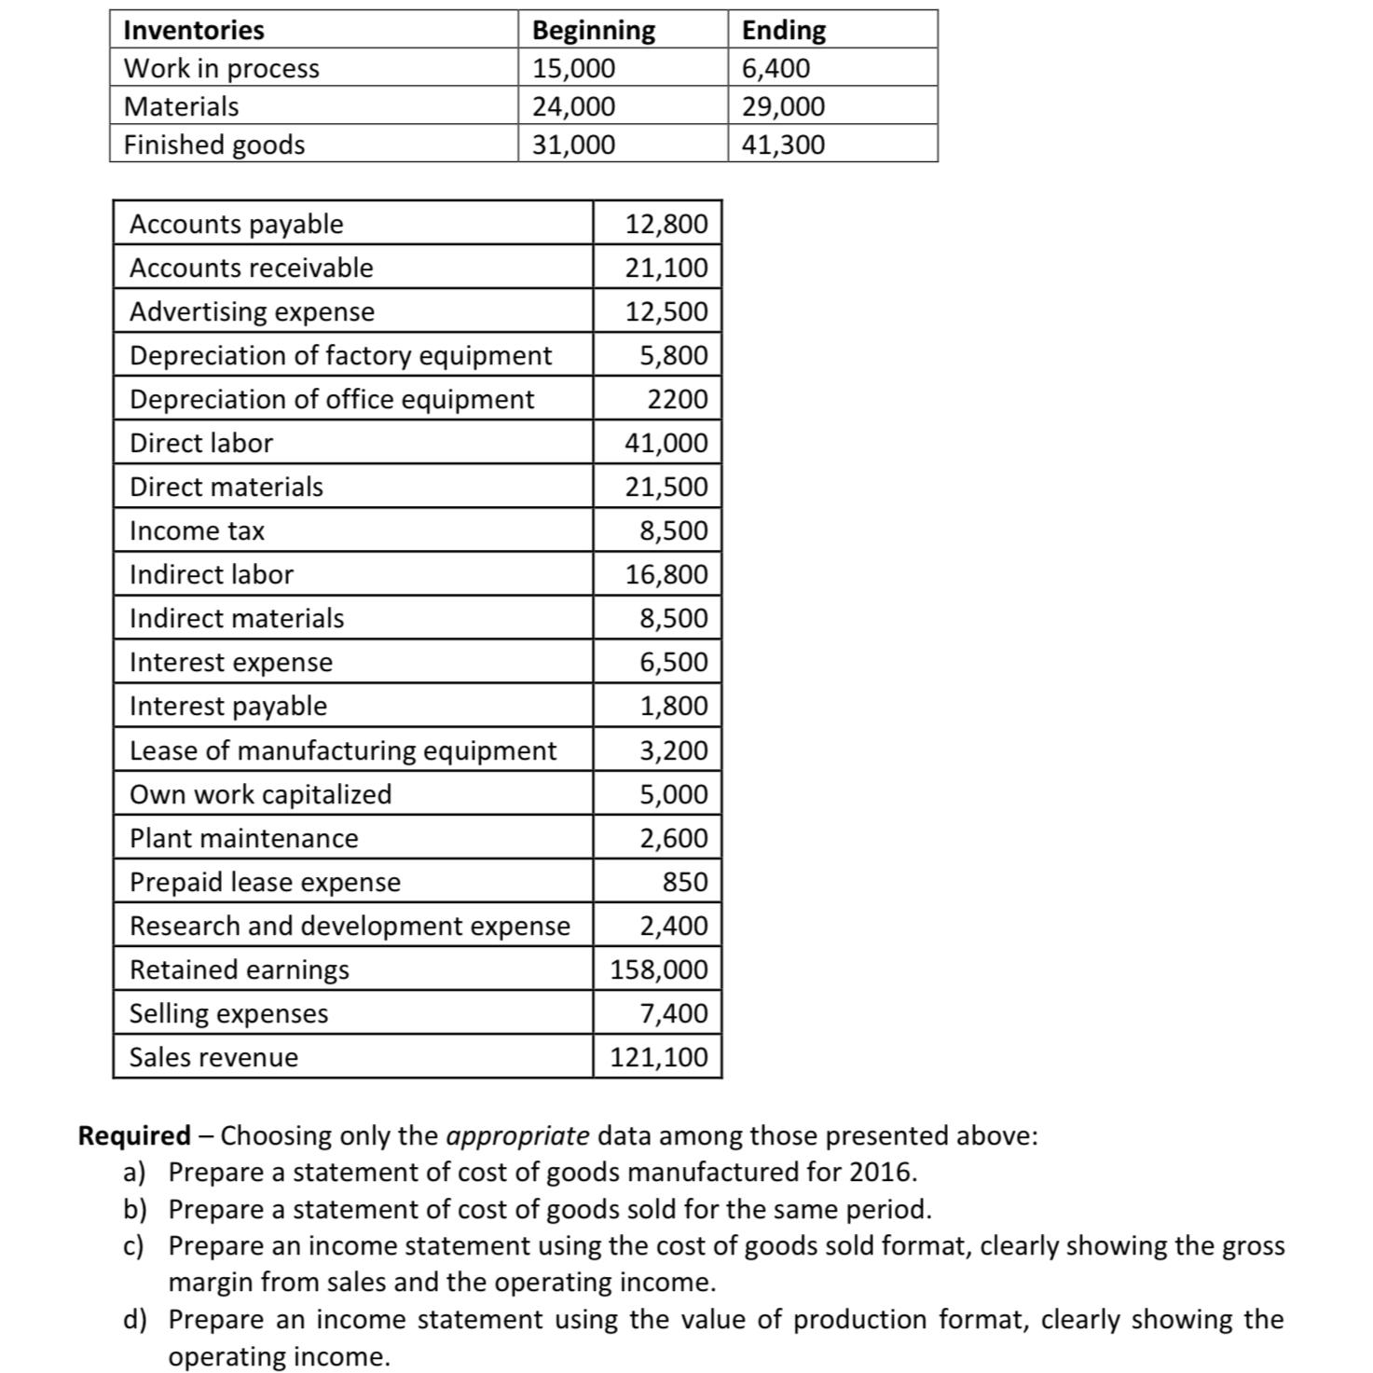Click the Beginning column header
click(x=593, y=30)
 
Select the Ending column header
click(x=783, y=30)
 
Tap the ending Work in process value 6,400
click(x=776, y=68)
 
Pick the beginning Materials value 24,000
click(x=573, y=106)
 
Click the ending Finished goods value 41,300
click(x=783, y=144)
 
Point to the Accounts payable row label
click(x=236, y=224)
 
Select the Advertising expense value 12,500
click(x=666, y=311)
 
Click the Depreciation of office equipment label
click(x=332, y=399)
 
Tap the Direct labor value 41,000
click(x=666, y=443)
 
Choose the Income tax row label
click(x=197, y=530)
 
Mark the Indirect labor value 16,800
click(x=666, y=574)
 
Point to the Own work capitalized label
click(x=260, y=794)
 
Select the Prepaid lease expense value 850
click(x=685, y=882)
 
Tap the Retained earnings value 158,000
click(x=659, y=969)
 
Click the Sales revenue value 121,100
click(x=659, y=1057)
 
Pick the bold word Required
click(x=133, y=1135)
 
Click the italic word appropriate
click(x=517, y=1135)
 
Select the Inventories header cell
click(x=194, y=30)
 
